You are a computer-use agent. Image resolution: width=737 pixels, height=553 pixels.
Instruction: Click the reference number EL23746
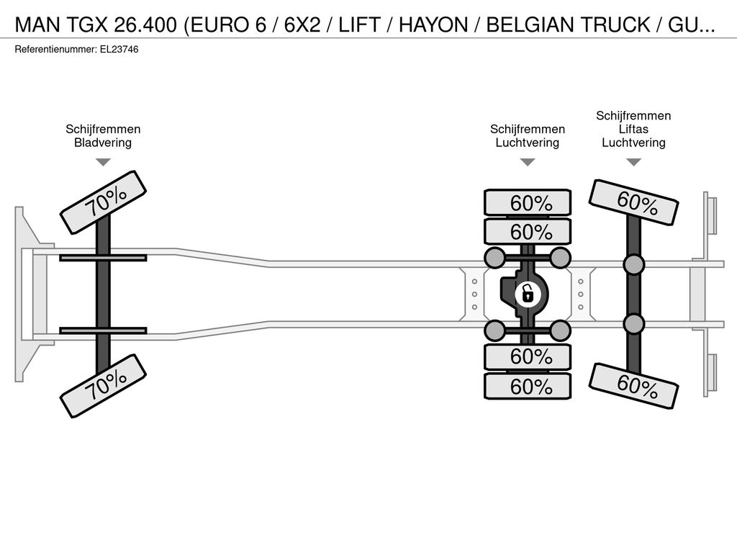click(119, 50)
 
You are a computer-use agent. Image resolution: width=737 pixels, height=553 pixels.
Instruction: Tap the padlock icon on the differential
click(528, 295)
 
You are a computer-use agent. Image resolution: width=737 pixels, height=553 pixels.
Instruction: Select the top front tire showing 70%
click(104, 202)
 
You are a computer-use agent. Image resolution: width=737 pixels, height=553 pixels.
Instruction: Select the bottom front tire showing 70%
click(104, 386)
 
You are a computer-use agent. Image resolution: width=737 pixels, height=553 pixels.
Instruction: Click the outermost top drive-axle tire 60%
click(528, 203)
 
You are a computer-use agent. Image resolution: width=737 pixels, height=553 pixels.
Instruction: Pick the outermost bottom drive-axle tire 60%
click(528, 387)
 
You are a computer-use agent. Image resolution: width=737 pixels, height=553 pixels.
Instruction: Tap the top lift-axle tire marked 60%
click(633, 202)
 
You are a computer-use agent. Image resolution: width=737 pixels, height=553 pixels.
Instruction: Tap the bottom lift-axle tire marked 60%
click(633, 386)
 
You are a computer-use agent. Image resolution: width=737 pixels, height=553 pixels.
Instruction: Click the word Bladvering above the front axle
click(103, 143)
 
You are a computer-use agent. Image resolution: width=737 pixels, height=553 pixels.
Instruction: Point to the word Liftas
click(633, 129)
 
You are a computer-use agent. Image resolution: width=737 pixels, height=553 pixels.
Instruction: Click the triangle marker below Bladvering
click(104, 162)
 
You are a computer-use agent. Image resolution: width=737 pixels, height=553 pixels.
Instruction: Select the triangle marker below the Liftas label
click(633, 162)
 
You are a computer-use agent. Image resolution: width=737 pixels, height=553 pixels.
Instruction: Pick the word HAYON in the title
click(433, 24)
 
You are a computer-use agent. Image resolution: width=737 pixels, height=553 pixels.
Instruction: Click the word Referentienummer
click(55, 50)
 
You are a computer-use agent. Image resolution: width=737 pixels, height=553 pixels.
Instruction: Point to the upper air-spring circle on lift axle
click(633, 265)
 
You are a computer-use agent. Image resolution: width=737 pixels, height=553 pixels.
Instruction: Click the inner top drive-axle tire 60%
click(528, 232)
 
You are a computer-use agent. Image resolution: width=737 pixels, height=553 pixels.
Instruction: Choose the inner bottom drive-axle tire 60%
click(528, 357)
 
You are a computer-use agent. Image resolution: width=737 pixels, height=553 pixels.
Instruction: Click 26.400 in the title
click(145, 24)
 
